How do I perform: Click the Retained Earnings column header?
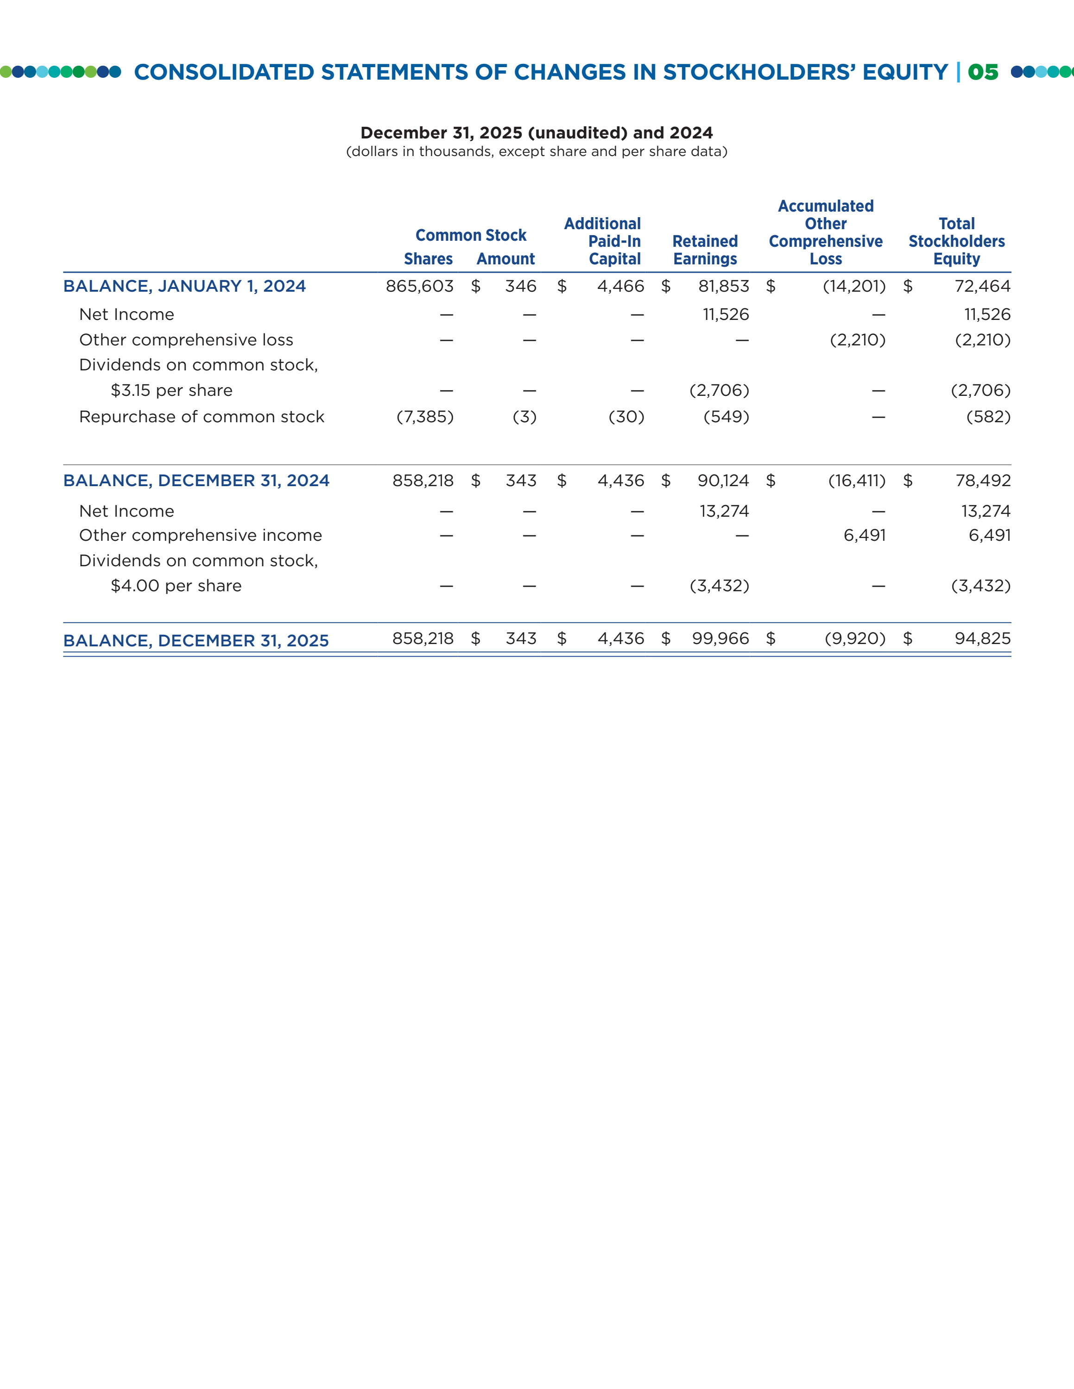(705, 250)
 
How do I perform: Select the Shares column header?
(428, 259)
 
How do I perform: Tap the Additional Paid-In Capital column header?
(602, 241)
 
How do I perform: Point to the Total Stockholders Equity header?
(956, 241)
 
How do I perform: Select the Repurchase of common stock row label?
(202, 417)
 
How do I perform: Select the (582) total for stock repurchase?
(988, 417)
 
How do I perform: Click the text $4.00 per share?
(176, 586)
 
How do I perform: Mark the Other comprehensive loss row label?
(186, 340)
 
